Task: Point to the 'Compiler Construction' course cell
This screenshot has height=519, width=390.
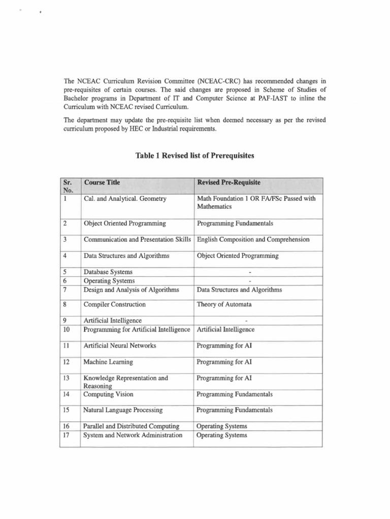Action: click(x=114, y=305)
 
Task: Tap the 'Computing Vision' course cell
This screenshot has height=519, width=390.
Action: click(x=109, y=394)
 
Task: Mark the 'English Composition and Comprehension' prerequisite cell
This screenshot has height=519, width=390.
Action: click(x=252, y=239)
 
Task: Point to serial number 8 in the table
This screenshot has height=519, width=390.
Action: click(x=64, y=305)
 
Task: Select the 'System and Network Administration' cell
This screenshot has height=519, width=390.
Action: click(x=133, y=435)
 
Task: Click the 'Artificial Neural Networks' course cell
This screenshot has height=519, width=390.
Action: click(x=120, y=346)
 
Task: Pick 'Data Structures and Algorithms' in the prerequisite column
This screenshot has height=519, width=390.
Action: click(x=239, y=290)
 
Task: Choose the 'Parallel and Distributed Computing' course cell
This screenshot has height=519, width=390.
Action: click(x=132, y=426)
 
